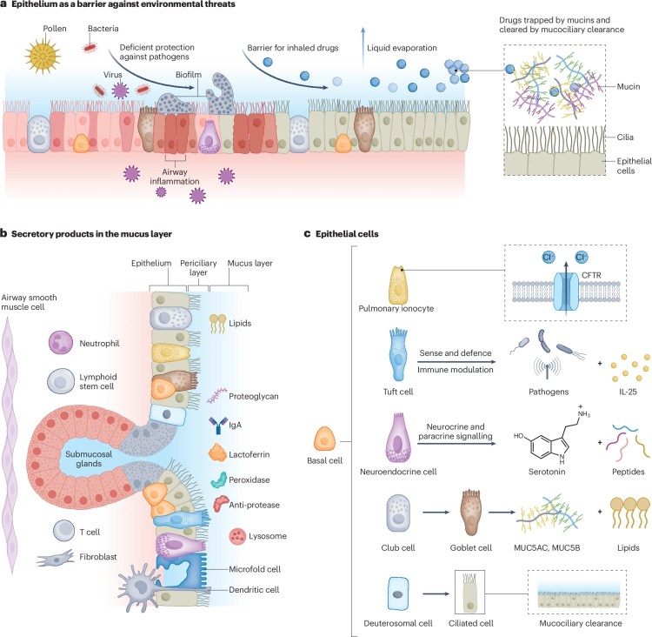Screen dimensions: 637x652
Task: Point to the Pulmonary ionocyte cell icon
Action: click(x=401, y=289)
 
